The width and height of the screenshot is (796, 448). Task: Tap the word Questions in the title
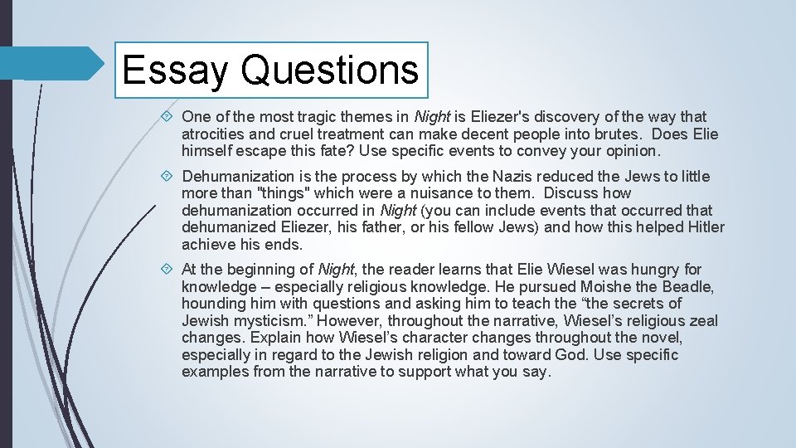click(329, 70)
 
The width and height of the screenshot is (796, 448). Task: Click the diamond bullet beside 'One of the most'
click(169, 117)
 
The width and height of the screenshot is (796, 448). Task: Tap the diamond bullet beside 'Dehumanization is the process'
click(169, 176)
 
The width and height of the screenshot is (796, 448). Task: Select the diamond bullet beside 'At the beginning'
click(169, 270)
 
